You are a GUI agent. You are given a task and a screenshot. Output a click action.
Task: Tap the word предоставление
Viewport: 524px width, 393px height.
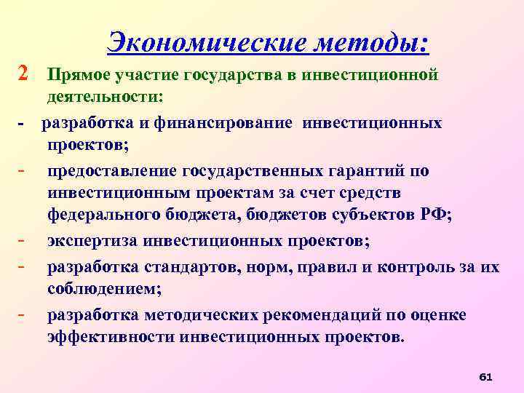[108, 170]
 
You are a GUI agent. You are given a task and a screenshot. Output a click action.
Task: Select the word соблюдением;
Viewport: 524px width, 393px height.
[105, 289]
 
